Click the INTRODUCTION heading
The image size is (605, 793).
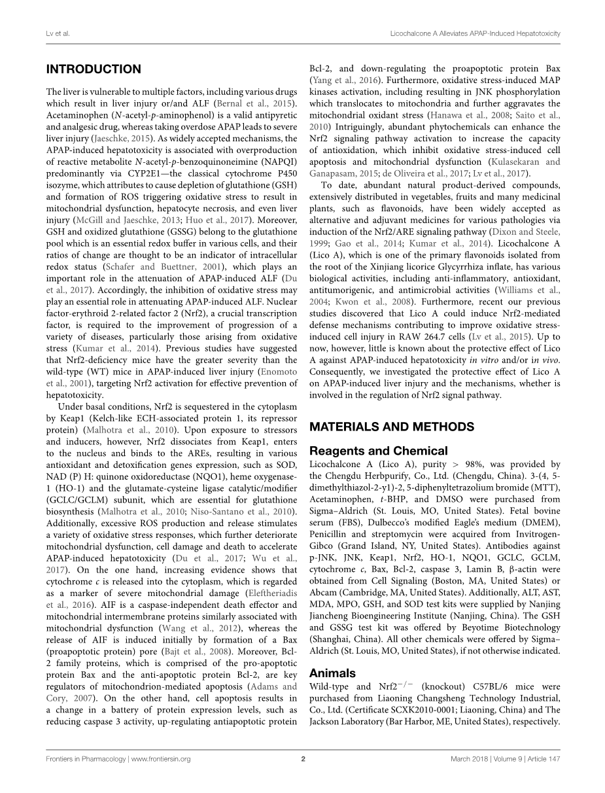[94, 69]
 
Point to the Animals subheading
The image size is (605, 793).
[332, 673]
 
